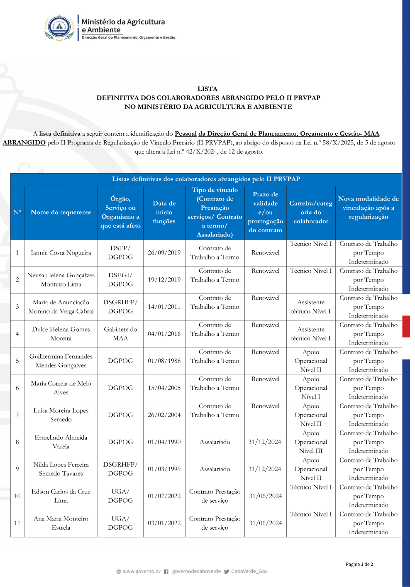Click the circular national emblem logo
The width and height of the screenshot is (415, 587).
point(60,27)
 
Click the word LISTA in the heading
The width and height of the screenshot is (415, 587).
point(207,89)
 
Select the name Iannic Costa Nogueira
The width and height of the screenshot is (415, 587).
point(61,253)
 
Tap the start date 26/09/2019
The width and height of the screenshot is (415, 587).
point(164,253)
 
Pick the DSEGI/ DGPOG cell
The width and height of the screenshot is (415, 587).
point(120,280)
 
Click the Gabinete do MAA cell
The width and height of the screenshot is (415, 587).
point(120,334)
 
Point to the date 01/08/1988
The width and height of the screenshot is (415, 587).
point(164,361)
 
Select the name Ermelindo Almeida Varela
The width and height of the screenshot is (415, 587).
point(61,442)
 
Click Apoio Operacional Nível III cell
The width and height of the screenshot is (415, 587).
point(311,442)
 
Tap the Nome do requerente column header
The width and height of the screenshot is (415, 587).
point(61,212)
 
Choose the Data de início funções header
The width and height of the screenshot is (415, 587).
point(164,212)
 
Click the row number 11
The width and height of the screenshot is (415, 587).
point(17,523)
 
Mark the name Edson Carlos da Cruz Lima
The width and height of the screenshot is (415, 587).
point(61,496)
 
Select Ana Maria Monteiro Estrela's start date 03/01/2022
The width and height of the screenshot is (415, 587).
point(164,523)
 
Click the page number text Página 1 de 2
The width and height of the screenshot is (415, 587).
point(359,564)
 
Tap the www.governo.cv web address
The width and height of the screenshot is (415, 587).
point(142,571)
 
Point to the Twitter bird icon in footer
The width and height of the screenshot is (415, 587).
point(227,572)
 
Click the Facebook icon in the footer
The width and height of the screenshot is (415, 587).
point(166,572)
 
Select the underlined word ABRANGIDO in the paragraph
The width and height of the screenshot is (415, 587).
point(24,142)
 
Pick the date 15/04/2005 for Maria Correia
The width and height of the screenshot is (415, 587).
point(164,388)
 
